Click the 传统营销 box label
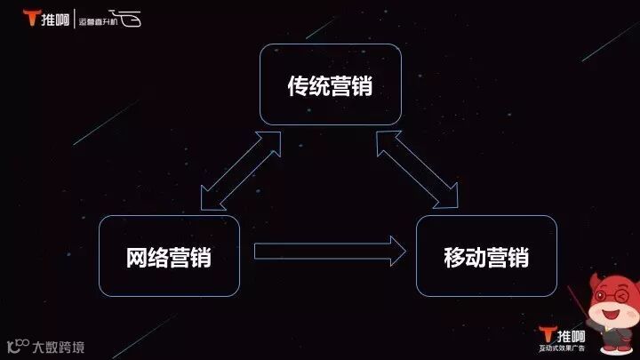pyautogui.click(x=330, y=86)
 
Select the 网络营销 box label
pyautogui.click(x=169, y=258)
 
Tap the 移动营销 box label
pyautogui.click(x=486, y=258)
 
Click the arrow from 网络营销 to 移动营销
pyautogui.click(x=329, y=252)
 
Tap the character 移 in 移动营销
pyautogui.click(x=454, y=258)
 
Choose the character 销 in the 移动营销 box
pyautogui.click(x=518, y=258)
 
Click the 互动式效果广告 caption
pyautogui.click(x=563, y=350)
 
